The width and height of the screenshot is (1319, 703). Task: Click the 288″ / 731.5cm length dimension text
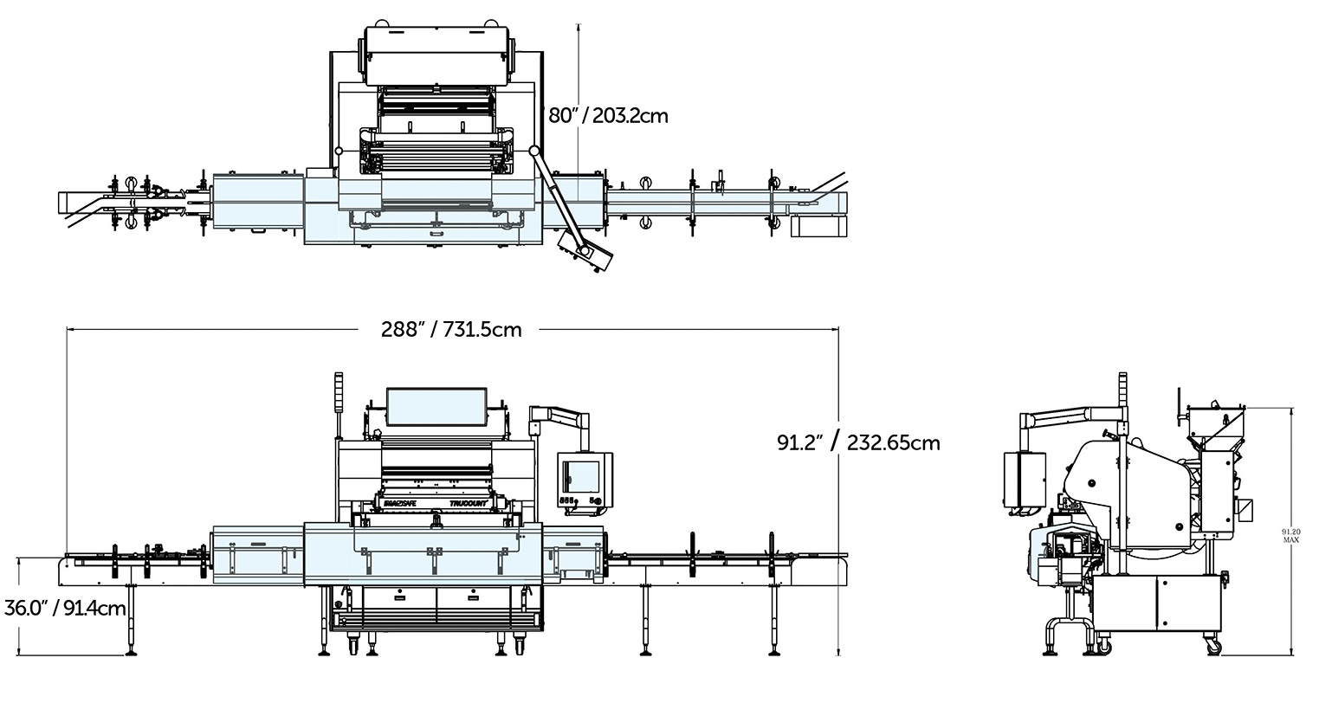click(x=451, y=329)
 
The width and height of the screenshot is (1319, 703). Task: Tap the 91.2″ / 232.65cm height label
click(x=857, y=442)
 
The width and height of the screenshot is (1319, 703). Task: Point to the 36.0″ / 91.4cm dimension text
click(x=66, y=608)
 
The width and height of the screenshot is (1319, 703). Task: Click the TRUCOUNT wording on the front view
click(x=471, y=501)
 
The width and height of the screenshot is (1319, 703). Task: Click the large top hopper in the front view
click(x=436, y=406)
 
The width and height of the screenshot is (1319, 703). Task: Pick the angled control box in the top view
click(x=585, y=252)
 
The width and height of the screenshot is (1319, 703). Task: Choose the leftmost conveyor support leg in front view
click(x=132, y=618)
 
